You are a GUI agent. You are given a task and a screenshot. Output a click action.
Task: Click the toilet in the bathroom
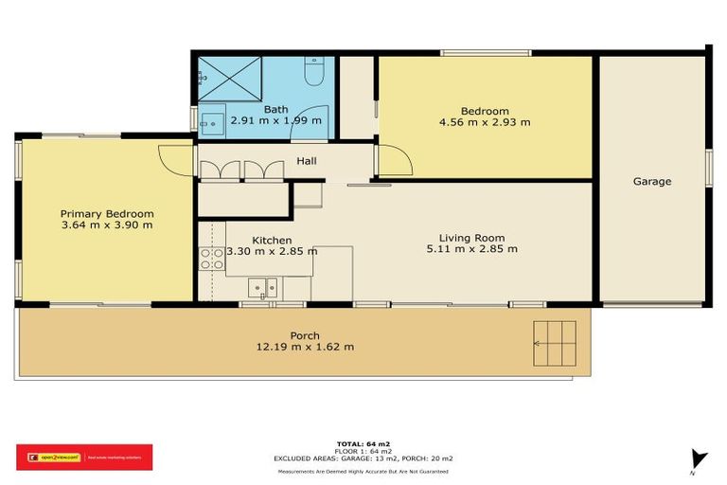click(314, 71)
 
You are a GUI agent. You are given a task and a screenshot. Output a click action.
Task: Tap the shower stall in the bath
click(228, 76)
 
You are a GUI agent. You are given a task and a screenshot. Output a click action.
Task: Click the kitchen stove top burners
click(211, 259)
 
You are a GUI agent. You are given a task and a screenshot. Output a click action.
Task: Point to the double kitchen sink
click(263, 287)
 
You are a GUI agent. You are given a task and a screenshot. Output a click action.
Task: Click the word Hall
click(307, 161)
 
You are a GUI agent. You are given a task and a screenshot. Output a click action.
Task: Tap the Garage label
click(652, 181)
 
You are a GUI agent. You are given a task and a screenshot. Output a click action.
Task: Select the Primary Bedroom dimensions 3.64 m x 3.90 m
click(107, 225)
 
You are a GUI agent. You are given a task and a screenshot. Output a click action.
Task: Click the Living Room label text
click(471, 238)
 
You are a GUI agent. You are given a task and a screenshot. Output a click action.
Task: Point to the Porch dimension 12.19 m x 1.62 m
click(305, 347)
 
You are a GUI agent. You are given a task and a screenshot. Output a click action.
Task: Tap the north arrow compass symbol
click(698, 460)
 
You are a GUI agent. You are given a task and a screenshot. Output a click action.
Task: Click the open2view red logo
click(83, 457)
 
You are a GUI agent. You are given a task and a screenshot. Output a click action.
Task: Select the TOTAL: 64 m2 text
click(363, 443)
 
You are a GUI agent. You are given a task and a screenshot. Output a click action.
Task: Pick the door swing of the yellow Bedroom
click(395, 162)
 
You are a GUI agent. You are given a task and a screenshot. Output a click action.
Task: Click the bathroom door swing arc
click(313, 117)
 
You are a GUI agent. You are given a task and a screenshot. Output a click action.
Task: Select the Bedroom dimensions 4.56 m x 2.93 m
click(485, 121)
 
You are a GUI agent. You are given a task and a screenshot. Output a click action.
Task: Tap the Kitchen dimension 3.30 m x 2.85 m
click(272, 251)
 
